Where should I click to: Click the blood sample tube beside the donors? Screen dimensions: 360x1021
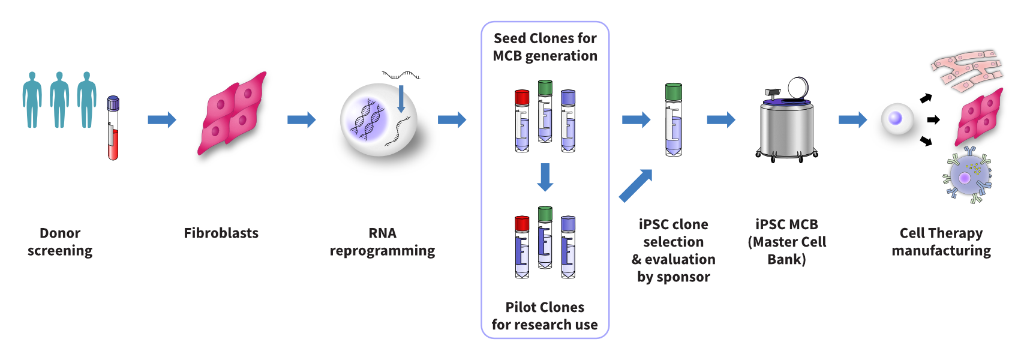click(113, 128)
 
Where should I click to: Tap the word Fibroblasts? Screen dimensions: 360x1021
click(221, 233)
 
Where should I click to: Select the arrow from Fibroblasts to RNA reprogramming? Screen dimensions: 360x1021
click(301, 120)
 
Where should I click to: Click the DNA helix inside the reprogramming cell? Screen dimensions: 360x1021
click(367, 119)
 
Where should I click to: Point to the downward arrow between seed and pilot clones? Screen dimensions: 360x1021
click(545, 177)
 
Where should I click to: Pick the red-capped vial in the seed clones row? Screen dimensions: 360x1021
click(522, 121)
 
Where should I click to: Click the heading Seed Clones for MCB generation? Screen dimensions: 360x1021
click(545, 47)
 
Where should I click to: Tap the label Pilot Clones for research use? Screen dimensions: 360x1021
click(545, 316)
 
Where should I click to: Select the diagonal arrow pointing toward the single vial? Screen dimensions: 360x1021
click(635, 185)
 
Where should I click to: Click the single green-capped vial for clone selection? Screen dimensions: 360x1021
click(674, 120)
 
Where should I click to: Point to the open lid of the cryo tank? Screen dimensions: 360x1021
click(798, 88)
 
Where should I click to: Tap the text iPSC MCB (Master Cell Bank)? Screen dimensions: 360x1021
click(786, 242)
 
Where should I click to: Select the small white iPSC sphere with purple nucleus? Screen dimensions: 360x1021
click(896, 118)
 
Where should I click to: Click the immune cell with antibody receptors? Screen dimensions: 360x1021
click(966, 176)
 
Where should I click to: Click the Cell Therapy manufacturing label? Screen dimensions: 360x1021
click(941, 242)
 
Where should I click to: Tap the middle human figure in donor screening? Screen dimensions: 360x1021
click(59, 100)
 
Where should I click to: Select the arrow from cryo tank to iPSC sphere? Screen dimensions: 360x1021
click(852, 120)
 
